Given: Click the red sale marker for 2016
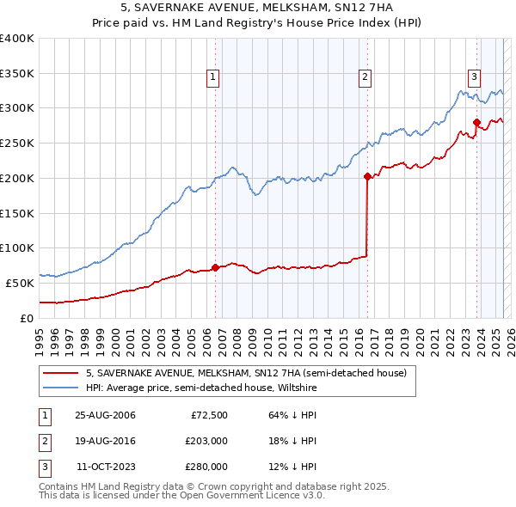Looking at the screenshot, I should pyautogui.click(x=367, y=177).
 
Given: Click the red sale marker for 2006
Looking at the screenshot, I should pyautogui.click(x=215, y=267).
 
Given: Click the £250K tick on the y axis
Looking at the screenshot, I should pyautogui.click(x=16, y=143).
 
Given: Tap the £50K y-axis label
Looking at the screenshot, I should pyautogui.click(x=20, y=283).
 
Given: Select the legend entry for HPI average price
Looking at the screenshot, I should pyautogui.click(x=201, y=388).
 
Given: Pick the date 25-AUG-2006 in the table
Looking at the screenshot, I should pyautogui.click(x=105, y=415).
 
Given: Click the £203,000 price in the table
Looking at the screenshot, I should pyautogui.click(x=206, y=441).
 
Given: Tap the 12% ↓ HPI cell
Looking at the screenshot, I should pyautogui.click(x=292, y=467).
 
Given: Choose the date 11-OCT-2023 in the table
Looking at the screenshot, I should pyautogui.click(x=106, y=467).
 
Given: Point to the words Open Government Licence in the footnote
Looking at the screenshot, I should pyautogui.click(x=245, y=496).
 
